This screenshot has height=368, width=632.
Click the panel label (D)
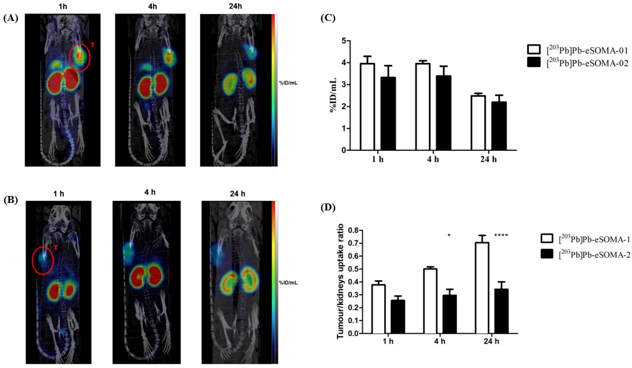point(328,208)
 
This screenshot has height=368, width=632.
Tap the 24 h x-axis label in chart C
point(488,159)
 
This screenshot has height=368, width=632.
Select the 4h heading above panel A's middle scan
point(152,7)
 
